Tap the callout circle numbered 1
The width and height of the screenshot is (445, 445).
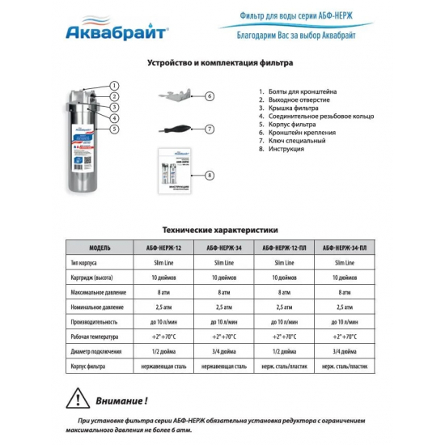114,85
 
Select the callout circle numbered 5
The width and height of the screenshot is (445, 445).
114,129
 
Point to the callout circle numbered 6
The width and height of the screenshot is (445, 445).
209,95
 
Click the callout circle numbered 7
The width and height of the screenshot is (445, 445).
209,129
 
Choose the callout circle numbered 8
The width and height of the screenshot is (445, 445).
209,176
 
